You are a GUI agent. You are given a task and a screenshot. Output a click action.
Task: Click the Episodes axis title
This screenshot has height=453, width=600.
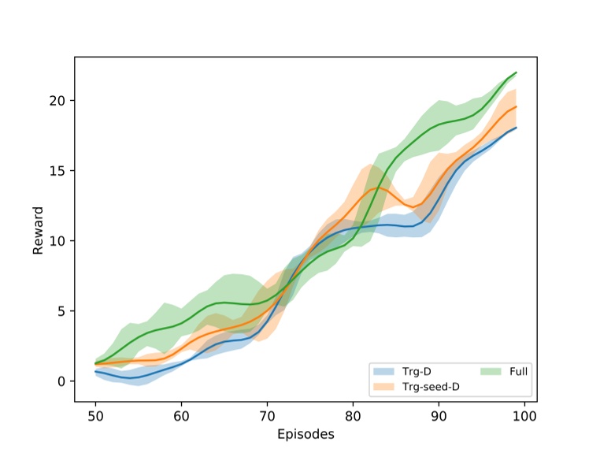pos(306,434)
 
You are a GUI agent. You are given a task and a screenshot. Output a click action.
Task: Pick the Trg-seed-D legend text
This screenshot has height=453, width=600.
pos(431,386)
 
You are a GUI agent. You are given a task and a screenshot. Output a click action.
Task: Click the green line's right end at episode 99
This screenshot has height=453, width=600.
pos(517,72)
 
